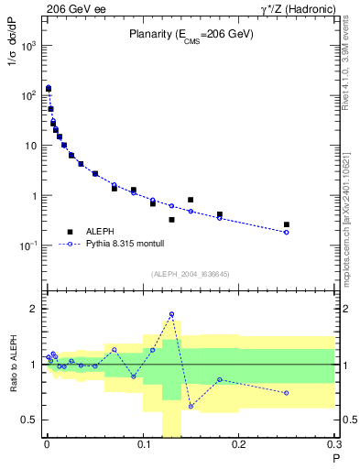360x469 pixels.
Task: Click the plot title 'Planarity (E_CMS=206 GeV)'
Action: pyautogui.click(x=190, y=35)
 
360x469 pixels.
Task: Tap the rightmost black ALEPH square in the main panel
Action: pyautogui.click(x=287, y=224)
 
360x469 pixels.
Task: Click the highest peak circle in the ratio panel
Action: pyautogui.click(x=171, y=314)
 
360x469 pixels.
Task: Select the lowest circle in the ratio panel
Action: pyautogui.click(x=191, y=406)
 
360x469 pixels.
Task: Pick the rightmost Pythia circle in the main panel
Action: pyautogui.click(x=287, y=232)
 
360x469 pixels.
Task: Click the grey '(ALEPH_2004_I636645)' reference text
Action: pyautogui.click(x=190, y=273)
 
